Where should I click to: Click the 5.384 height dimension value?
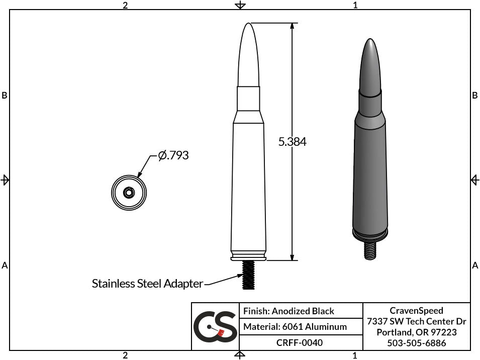point(292,142)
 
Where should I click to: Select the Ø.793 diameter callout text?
point(173,156)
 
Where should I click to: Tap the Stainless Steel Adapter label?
point(147,284)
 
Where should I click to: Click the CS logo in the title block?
point(215,326)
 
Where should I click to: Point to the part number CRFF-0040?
point(300,342)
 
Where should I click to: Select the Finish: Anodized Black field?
point(289,311)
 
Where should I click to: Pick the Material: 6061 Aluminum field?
point(295,327)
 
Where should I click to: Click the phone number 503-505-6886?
point(416,343)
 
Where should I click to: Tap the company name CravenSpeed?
point(416,311)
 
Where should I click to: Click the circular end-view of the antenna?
point(129,192)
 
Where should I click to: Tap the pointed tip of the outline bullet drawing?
point(248,25)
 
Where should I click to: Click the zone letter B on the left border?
point(5,96)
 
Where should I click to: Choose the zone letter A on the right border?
point(475,265)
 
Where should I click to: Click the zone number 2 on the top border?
point(125,5)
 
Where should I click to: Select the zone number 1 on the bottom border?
point(355,355)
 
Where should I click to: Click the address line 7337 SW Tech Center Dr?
point(416,321)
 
